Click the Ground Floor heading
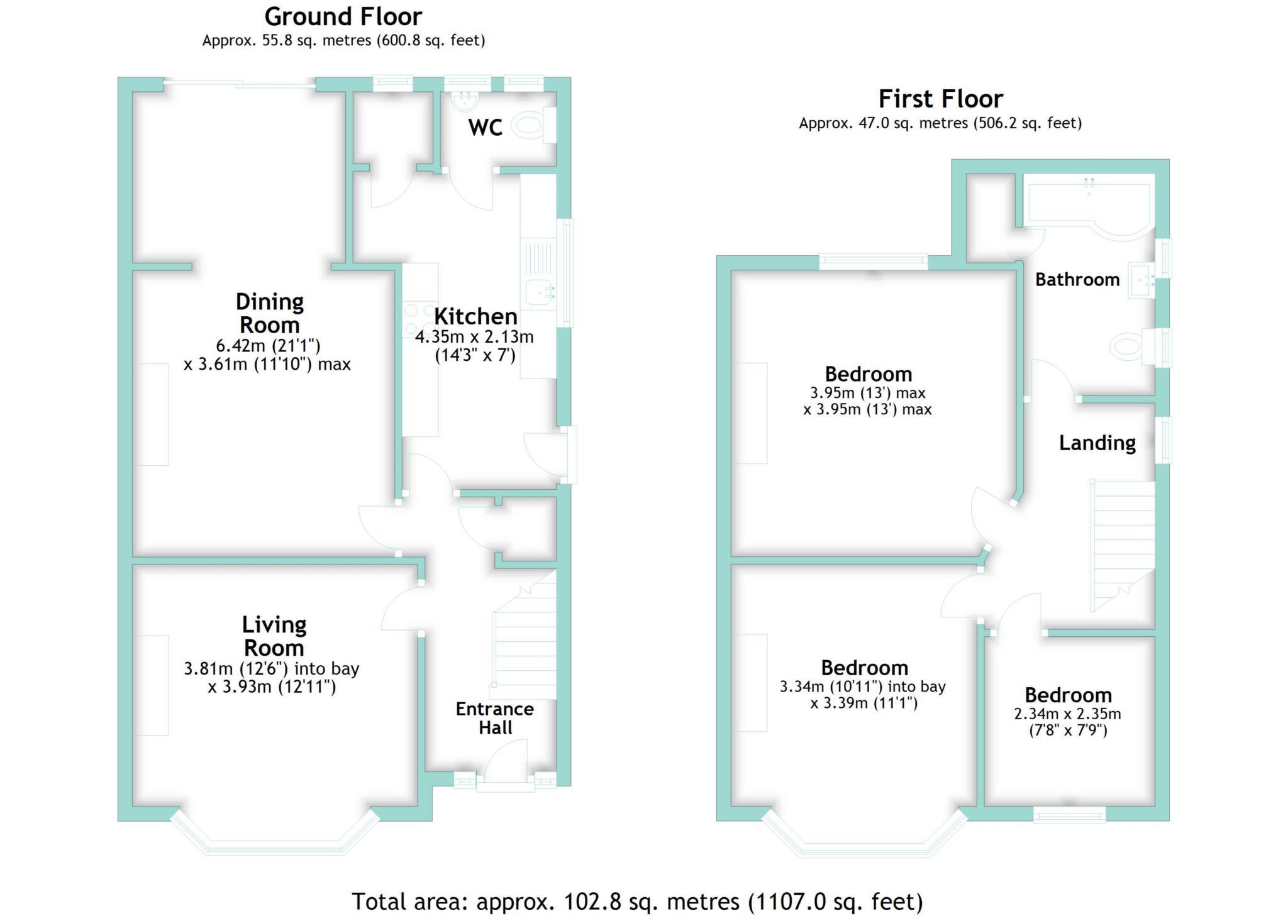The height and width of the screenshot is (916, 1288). [343, 16]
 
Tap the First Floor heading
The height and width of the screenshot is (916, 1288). [940, 99]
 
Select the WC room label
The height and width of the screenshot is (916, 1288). [485, 128]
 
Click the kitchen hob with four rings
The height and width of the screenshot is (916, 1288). [420, 319]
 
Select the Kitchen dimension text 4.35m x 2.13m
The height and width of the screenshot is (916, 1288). [474, 337]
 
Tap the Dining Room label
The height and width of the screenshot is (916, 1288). [269, 313]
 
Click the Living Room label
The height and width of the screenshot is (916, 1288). [274, 636]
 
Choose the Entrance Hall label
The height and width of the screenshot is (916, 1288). [495, 718]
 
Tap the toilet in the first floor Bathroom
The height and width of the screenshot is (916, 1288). [1129, 347]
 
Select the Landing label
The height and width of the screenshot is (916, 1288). [1097, 443]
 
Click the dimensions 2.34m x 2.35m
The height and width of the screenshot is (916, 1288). [1067, 714]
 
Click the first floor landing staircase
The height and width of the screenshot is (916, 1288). [1123, 544]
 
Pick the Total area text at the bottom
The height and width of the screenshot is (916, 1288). [636, 902]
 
